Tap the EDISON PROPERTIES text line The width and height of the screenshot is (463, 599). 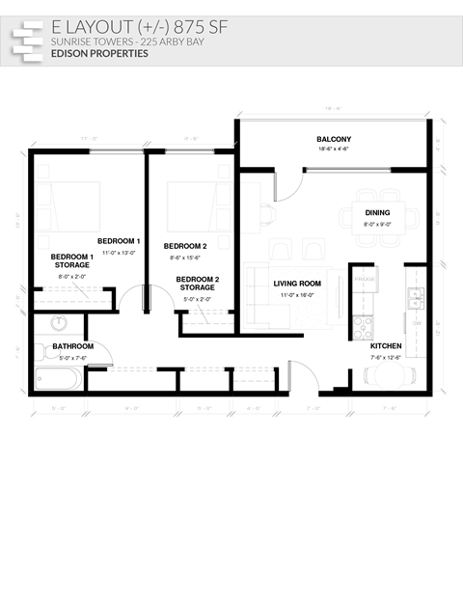[x=99, y=54]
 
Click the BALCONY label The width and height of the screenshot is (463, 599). [x=333, y=140]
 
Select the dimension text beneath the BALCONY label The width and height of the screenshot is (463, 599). [x=333, y=150]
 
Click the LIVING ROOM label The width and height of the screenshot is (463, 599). [x=296, y=284]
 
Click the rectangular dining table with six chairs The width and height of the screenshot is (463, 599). [x=378, y=217]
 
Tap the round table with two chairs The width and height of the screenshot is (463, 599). [x=389, y=374]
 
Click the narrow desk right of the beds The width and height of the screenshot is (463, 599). [x=251, y=206]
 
